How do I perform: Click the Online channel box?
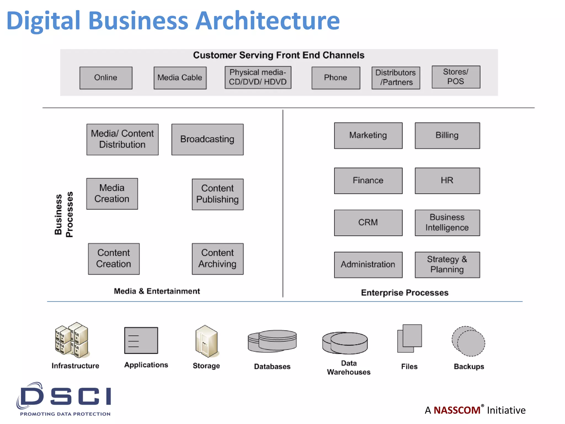[x=106, y=78]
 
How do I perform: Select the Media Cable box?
[x=180, y=78]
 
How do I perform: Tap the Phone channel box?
[x=336, y=78]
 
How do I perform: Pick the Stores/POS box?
[x=456, y=77]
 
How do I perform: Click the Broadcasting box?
[x=207, y=139]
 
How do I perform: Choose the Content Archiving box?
[x=218, y=259]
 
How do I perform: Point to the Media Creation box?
[x=112, y=194]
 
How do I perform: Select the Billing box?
[x=447, y=136]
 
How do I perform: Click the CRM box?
[x=368, y=222]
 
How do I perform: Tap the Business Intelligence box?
[x=447, y=222]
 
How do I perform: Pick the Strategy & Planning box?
[x=447, y=264]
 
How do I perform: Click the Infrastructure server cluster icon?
[x=72, y=340]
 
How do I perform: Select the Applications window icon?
[x=141, y=340]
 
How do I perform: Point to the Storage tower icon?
[x=206, y=341]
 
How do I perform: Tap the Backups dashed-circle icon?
[x=468, y=341]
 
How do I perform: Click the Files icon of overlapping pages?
[x=409, y=338]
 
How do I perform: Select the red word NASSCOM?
[x=457, y=410]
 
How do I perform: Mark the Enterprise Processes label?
[x=404, y=293]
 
